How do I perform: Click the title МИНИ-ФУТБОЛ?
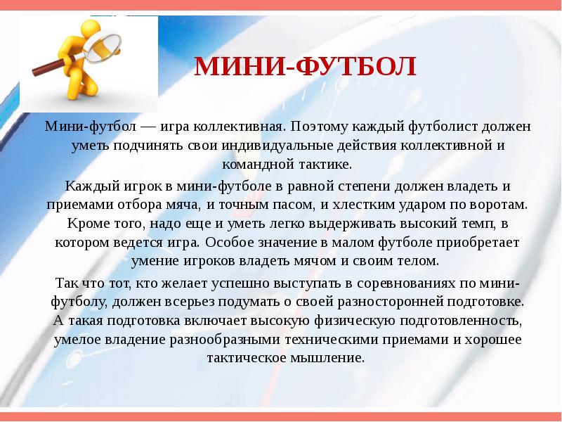pos(305,68)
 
